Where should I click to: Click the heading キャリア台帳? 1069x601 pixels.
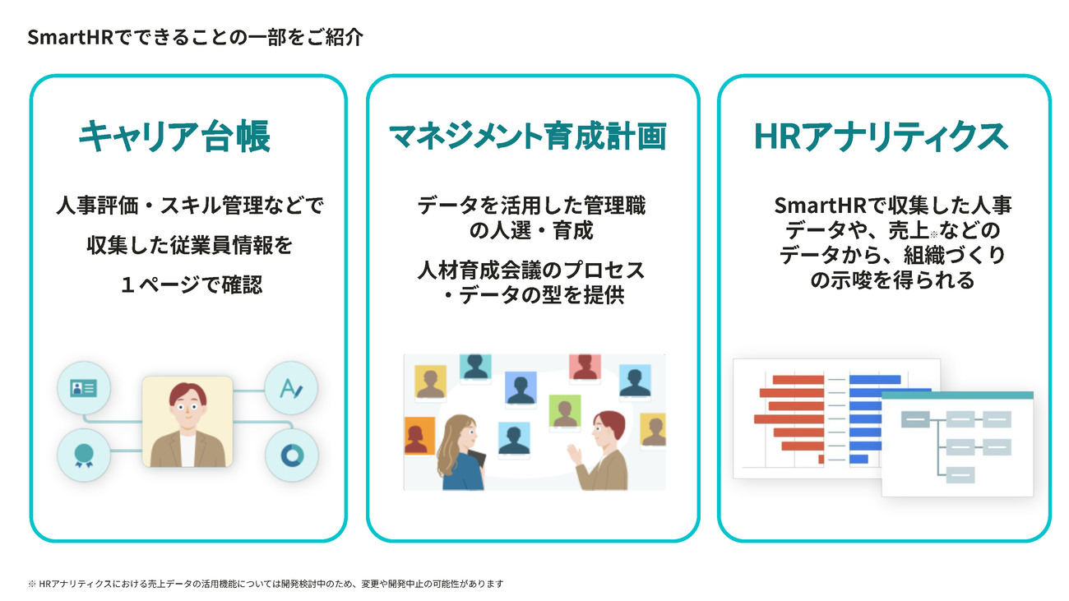pyautogui.click(x=174, y=136)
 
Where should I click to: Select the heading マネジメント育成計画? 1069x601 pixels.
pyautogui.click(x=528, y=136)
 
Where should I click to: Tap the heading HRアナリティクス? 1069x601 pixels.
pyautogui.click(x=881, y=137)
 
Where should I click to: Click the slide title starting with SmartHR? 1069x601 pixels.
pyautogui.click(x=195, y=37)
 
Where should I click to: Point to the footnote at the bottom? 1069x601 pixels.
pyautogui.click(x=266, y=584)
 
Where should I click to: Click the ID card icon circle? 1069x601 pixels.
pyautogui.click(x=84, y=388)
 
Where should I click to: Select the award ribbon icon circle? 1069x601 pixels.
pyautogui.click(x=84, y=455)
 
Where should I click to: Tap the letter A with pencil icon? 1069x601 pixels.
pyautogui.click(x=290, y=388)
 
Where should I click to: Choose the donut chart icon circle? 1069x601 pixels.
pyautogui.click(x=292, y=455)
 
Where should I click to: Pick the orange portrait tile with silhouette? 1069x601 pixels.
pyautogui.click(x=419, y=436)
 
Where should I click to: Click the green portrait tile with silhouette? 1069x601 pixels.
pyautogui.click(x=565, y=411)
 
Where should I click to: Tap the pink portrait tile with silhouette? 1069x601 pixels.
pyautogui.click(x=585, y=368)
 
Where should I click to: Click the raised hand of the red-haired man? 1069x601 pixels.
pyautogui.click(x=574, y=454)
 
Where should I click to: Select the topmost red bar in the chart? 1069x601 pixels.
pyautogui.click(x=798, y=380)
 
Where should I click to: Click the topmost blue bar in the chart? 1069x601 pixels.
pyautogui.click(x=875, y=380)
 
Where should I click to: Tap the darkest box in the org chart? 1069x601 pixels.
pyautogui.click(x=915, y=419)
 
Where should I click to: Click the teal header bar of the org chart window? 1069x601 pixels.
pyautogui.click(x=957, y=395)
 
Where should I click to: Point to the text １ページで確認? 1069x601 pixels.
pyautogui.click(x=192, y=284)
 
